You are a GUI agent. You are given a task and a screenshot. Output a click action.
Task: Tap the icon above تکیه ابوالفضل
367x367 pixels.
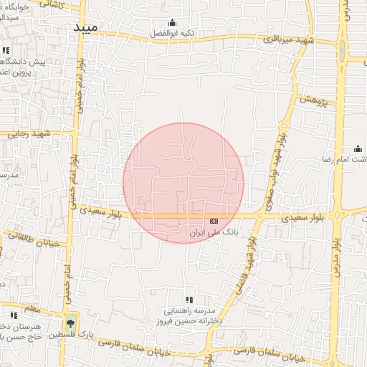tap(171, 23)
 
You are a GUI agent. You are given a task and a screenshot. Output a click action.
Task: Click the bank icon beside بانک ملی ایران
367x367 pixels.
tap(214, 221)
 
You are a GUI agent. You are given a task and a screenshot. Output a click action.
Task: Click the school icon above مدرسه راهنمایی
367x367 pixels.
tap(189, 300)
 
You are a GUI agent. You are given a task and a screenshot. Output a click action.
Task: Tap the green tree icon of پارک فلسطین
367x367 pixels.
tap(70, 320)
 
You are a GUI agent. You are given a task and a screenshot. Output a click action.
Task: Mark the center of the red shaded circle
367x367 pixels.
tap(183, 183)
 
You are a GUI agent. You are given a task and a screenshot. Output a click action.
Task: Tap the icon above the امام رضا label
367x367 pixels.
tap(357, 148)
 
